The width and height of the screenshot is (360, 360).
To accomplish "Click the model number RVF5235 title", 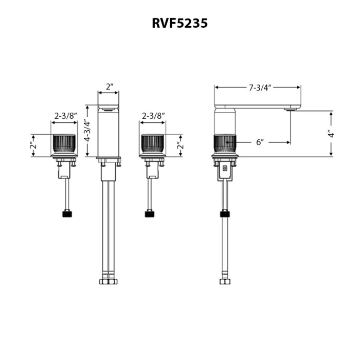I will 179,23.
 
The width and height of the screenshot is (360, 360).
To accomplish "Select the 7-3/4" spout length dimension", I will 257,87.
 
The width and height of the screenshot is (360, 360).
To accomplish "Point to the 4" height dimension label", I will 332,133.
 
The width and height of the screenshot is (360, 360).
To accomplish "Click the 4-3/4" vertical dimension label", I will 88,131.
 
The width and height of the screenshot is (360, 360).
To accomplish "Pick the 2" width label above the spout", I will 109,87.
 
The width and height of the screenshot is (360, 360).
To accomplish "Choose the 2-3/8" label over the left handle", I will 64,116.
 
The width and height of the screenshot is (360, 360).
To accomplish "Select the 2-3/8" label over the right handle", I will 152,116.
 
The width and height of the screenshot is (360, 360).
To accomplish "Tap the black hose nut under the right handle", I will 151,213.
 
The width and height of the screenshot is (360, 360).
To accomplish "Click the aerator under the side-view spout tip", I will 291,109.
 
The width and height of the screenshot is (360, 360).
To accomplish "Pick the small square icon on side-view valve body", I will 225,168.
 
